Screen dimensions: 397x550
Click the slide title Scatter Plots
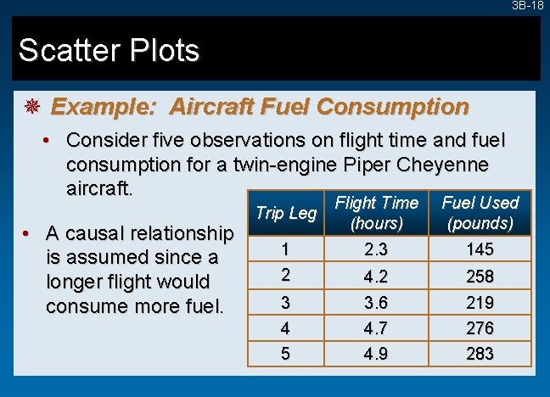(109, 51)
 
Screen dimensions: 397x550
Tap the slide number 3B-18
(527, 6)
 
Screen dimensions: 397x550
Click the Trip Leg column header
(285, 213)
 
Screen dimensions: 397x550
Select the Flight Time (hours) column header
(376, 213)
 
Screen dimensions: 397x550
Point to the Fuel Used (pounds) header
(480, 213)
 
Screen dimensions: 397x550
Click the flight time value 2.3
(376, 250)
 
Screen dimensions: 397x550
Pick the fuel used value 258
(480, 277)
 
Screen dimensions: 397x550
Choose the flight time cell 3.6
(376, 303)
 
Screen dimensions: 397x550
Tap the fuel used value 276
(480, 328)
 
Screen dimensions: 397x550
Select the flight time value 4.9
(376, 354)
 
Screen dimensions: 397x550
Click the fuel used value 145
(480, 250)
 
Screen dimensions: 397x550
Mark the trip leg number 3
(285, 303)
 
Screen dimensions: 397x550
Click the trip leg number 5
(285, 354)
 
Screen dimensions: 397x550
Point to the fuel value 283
(480, 354)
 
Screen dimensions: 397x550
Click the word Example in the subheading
(106, 107)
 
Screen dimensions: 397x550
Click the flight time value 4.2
(376, 277)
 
